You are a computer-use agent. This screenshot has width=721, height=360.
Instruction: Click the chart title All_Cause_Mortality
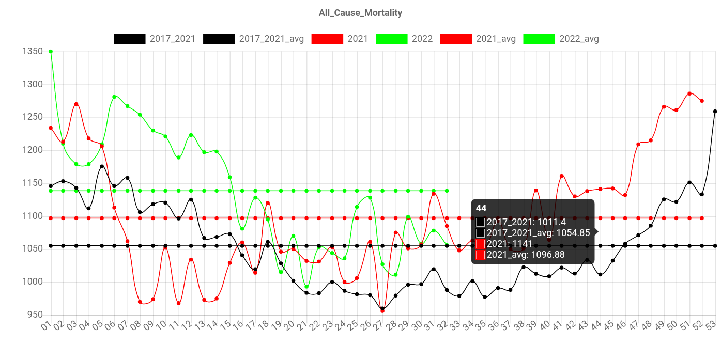360,13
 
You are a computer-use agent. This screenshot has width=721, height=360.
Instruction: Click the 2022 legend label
422,39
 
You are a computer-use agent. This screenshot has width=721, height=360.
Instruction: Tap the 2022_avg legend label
579,39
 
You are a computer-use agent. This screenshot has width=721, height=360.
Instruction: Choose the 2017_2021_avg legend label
271,39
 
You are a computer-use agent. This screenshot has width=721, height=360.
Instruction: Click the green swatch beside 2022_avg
539,39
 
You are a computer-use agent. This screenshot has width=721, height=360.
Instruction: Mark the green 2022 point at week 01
50,51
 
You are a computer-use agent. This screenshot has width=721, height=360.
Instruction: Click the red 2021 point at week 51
689,93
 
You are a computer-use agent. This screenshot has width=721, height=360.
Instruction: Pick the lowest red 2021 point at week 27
382,311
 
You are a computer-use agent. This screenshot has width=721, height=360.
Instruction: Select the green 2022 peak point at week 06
114,97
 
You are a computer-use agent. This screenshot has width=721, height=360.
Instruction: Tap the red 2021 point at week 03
76,104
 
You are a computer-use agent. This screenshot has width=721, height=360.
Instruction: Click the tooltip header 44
481,208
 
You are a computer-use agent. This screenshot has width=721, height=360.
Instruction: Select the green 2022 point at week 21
306,287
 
